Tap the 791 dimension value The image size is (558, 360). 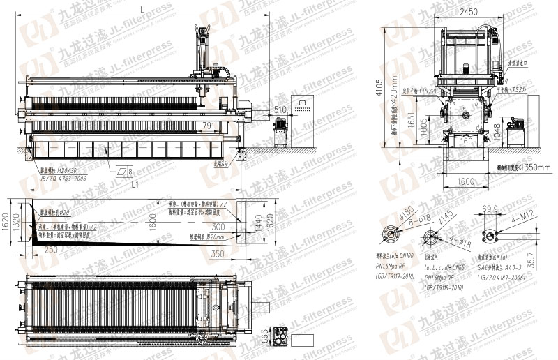click(208, 126)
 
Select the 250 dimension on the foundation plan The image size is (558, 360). click(50, 249)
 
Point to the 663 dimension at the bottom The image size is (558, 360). click(266, 338)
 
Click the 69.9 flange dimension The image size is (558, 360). click(490, 209)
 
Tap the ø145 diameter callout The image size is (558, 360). click(445, 216)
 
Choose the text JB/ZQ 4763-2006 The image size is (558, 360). click(66, 179)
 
